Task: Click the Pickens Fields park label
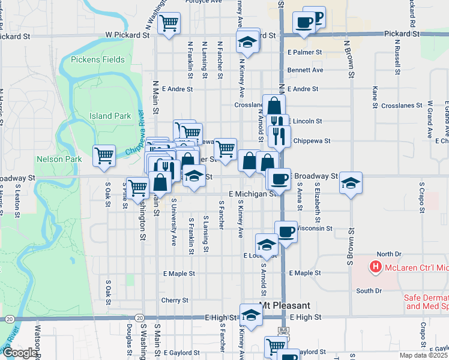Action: (97, 59)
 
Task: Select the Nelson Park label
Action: (58, 159)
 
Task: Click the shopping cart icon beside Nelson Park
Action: (104, 155)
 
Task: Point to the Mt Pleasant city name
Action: (285, 305)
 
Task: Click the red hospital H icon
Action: (376, 266)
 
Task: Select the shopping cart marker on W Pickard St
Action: (169, 23)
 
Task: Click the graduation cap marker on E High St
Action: (251, 314)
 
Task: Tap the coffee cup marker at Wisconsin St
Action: (286, 231)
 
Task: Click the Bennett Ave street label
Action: (305, 70)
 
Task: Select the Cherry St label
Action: (175, 300)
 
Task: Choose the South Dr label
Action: (369, 291)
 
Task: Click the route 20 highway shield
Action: (139, 317)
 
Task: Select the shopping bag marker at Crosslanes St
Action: (274, 106)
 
